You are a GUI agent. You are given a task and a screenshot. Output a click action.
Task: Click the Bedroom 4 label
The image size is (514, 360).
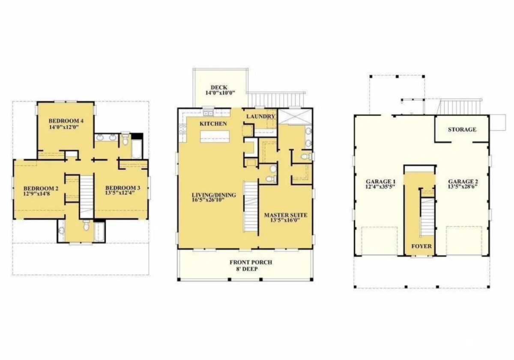66,121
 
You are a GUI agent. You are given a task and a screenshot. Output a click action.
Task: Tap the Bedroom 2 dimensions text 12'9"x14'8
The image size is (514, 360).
37,194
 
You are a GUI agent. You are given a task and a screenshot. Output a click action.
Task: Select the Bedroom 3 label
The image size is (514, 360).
123,188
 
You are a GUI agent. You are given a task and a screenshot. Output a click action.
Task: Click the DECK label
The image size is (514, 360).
219,87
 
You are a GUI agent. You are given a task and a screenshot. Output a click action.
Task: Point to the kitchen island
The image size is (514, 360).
215,136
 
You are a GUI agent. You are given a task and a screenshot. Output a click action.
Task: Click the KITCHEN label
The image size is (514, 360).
213,124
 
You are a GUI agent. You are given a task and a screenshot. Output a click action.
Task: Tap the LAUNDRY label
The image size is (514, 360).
261,117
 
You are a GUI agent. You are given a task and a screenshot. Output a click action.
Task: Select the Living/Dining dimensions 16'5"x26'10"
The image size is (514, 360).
208,200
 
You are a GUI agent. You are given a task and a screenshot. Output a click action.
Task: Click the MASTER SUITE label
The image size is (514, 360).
286,215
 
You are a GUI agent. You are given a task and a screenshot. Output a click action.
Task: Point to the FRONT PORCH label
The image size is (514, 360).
251,262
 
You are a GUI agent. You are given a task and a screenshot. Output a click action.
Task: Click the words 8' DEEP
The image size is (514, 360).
247,269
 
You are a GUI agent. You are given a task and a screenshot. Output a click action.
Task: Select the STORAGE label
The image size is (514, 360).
462,129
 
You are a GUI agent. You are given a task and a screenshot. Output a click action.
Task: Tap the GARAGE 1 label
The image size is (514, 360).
381,182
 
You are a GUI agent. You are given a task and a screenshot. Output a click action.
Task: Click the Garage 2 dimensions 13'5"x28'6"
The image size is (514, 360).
463,186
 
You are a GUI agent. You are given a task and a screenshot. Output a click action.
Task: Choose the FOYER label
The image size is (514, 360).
421,246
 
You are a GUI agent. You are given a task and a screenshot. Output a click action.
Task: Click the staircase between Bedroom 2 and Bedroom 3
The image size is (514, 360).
87,197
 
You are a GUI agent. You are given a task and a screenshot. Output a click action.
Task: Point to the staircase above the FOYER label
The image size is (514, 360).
427,217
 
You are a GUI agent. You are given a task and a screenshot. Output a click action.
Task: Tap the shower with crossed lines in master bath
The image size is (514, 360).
295,117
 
